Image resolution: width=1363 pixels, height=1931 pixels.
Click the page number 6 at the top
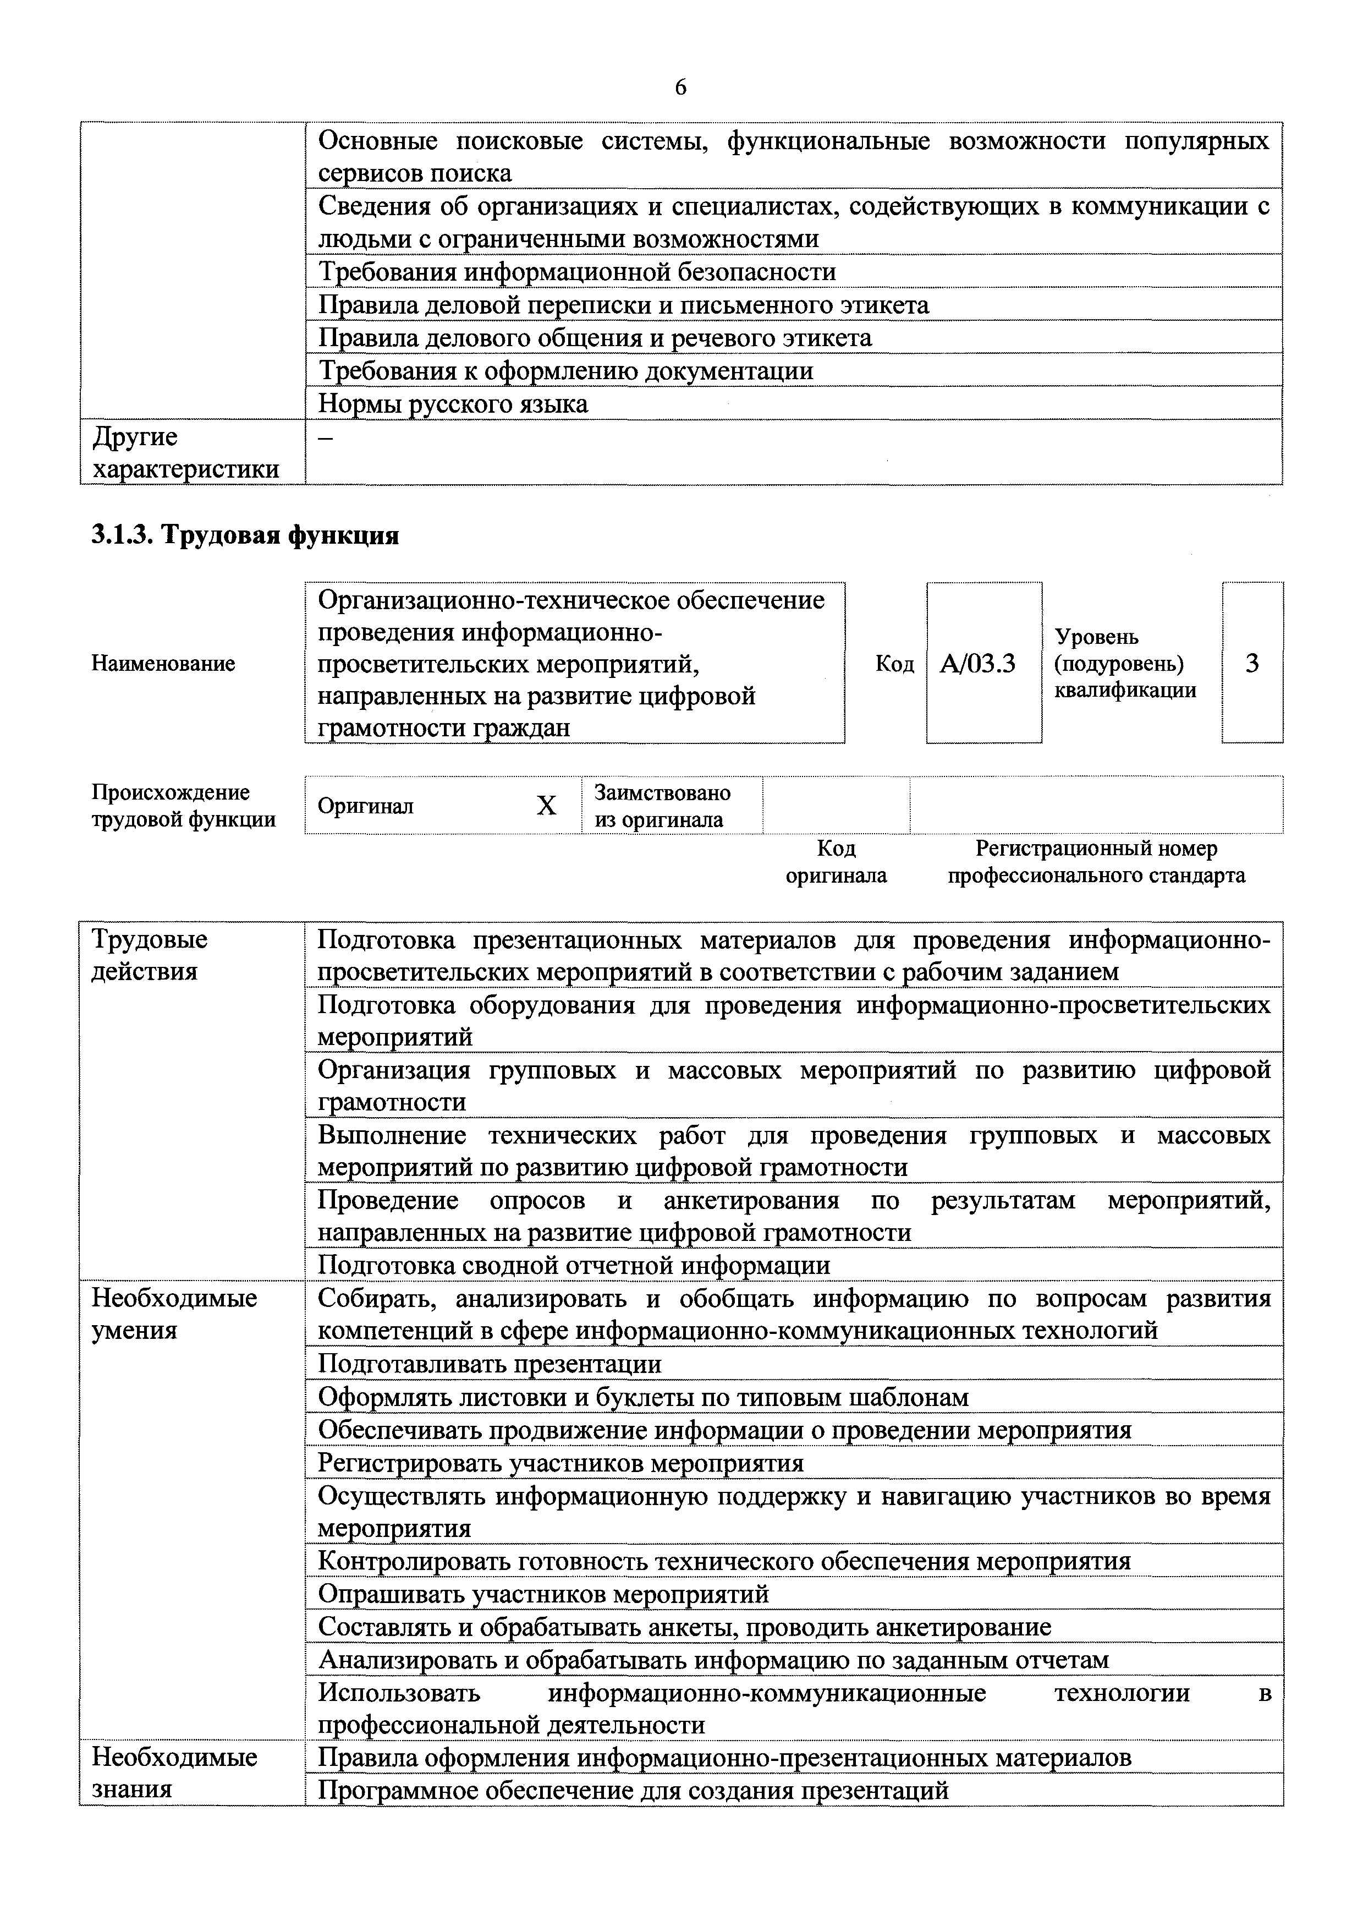point(680,87)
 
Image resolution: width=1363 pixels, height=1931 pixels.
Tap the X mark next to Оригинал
point(547,806)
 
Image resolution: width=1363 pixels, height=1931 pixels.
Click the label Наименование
point(163,664)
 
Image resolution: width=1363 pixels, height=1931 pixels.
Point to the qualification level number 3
point(1252,664)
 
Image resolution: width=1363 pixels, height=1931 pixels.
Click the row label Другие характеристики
point(185,452)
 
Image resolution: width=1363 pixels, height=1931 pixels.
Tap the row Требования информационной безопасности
point(577,272)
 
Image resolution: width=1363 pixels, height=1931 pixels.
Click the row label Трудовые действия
point(150,955)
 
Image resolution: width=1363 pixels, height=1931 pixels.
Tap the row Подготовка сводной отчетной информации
point(574,1266)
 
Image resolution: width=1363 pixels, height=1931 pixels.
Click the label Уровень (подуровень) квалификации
point(1124,664)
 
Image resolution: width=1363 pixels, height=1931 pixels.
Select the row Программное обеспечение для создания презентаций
point(633,1791)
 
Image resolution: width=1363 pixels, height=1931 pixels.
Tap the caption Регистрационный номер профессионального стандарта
point(1096,862)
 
